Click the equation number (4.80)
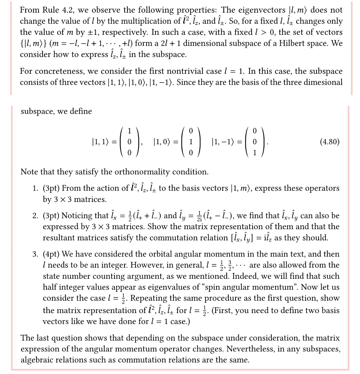[330, 142]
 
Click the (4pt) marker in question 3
[51, 254]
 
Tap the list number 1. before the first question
[36, 188]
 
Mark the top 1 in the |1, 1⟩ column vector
[129, 131]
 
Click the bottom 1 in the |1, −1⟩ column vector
[254, 153]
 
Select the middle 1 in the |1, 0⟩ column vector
[191, 142]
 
